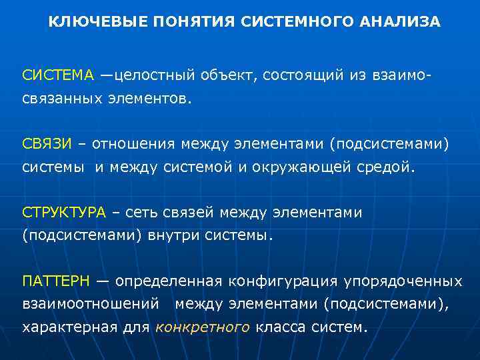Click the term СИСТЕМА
59,75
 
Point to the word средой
385,167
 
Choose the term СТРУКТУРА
63,213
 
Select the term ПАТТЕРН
55,281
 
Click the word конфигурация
283,281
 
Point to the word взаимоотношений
90,305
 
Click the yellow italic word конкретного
203,327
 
